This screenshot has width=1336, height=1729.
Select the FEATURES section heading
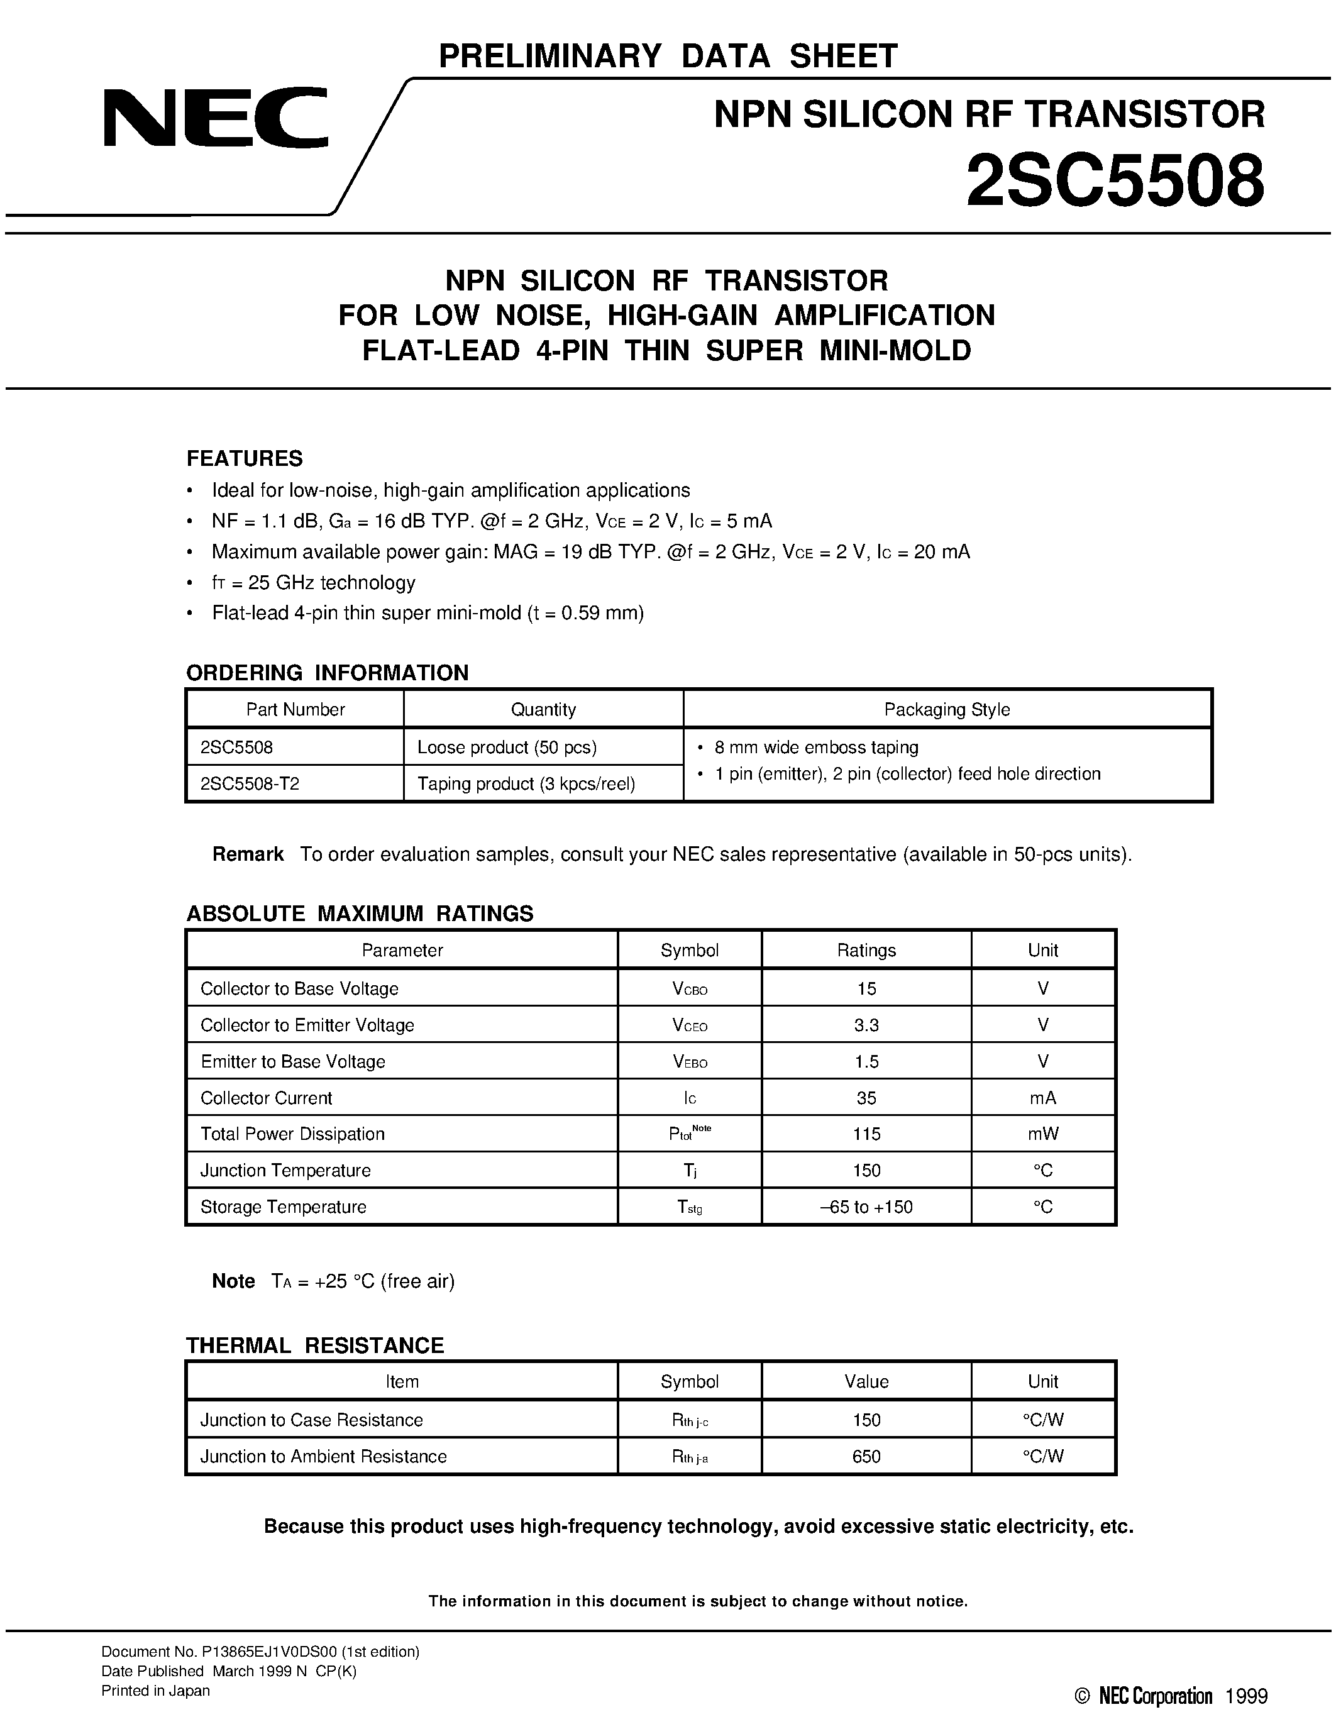click(x=244, y=458)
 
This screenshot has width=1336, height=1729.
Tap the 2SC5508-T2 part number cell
click(x=250, y=784)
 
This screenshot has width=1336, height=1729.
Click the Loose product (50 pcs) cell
click(x=507, y=748)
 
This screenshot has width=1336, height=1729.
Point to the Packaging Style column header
click(x=947, y=709)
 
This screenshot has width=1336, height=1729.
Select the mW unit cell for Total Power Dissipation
click(x=1042, y=1134)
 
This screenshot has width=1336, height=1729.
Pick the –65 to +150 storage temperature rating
click(x=866, y=1207)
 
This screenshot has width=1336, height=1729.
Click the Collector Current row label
click(x=266, y=1098)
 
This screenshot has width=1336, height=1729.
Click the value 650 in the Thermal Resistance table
click(x=866, y=1457)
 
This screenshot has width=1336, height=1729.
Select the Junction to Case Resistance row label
click(x=311, y=1420)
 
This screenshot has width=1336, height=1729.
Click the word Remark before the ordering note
click(x=248, y=854)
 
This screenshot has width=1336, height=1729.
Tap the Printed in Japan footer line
click(x=155, y=1691)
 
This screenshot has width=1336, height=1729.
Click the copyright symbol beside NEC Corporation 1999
click(x=1082, y=1696)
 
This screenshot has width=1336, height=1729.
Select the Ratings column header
click(x=866, y=950)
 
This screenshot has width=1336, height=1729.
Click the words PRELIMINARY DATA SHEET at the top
click(x=667, y=56)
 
